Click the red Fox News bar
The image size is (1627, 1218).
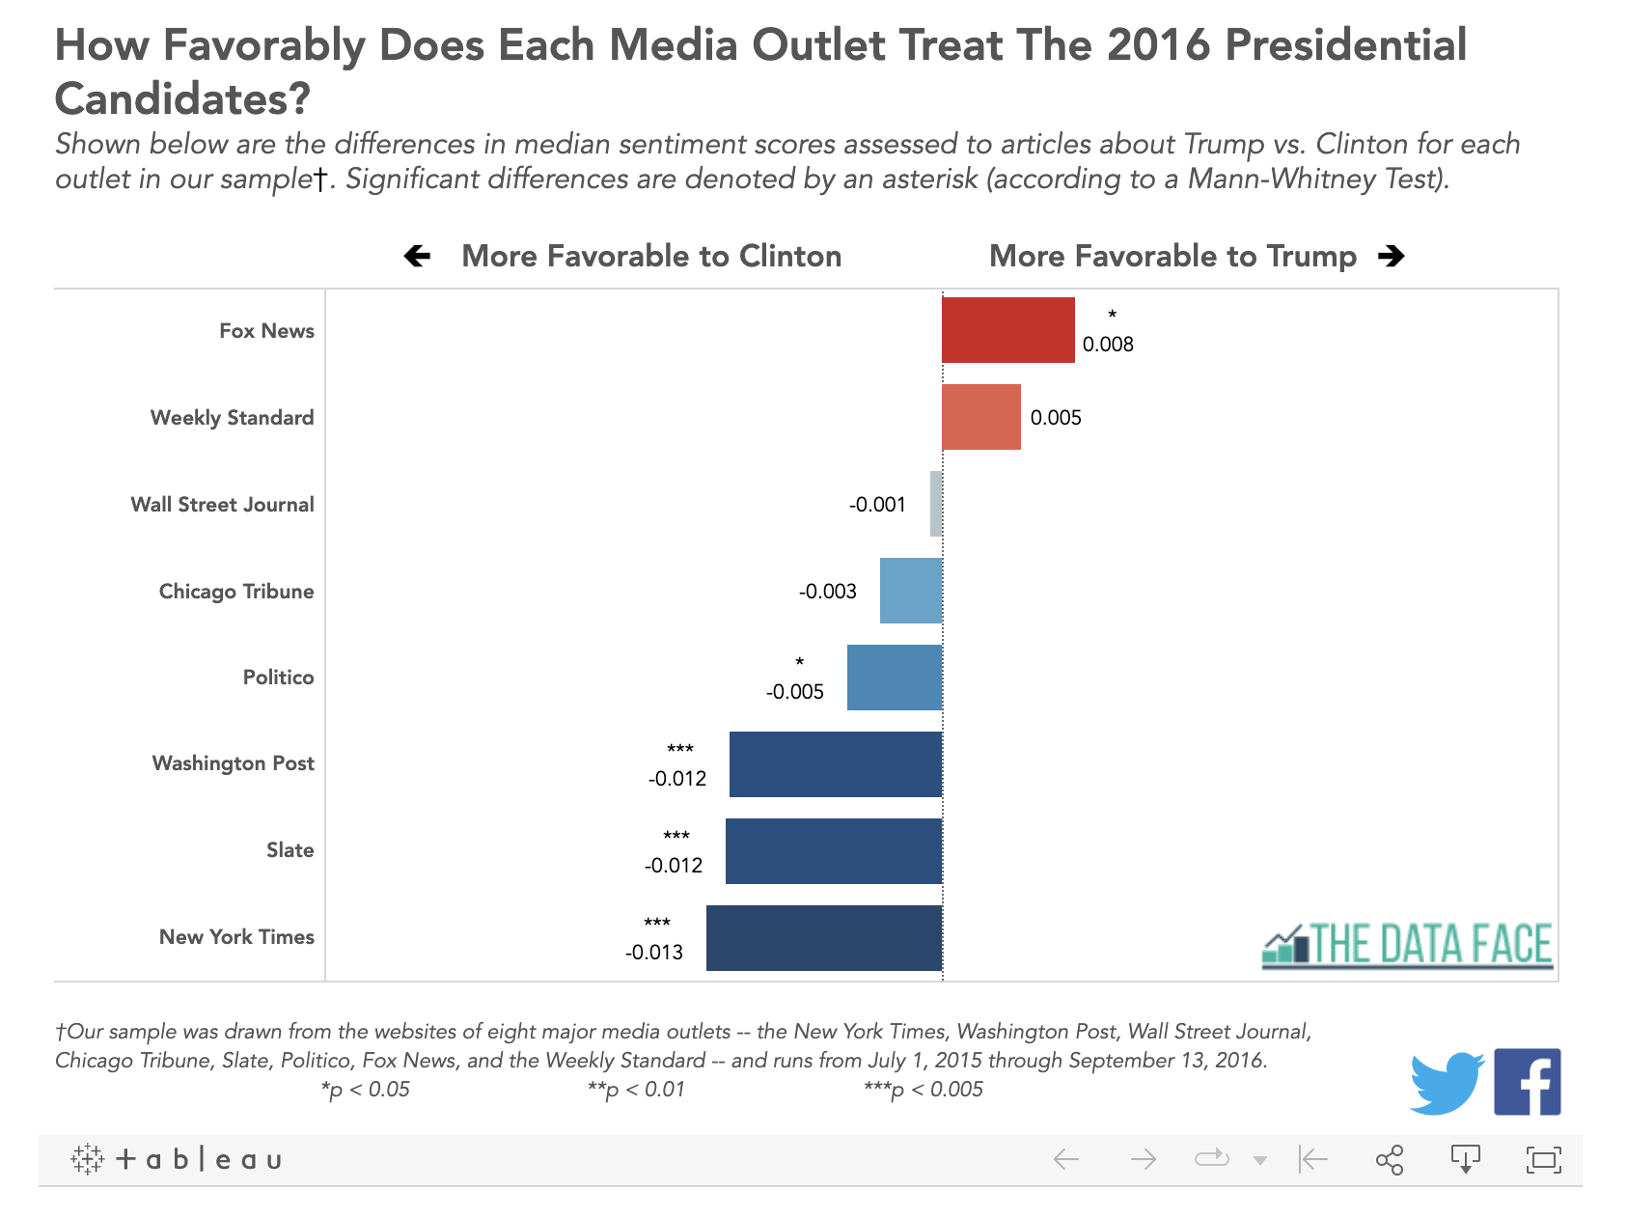click(1007, 330)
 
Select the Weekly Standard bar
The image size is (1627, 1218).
click(980, 417)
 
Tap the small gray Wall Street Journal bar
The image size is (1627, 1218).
click(936, 504)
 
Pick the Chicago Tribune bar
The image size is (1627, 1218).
click(910, 591)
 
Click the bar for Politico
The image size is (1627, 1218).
click(894, 678)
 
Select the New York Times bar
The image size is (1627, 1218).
click(823, 938)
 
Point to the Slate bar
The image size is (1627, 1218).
click(833, 851)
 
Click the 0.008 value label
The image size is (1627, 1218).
click(1108, 345)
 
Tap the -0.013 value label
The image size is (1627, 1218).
click(654, 953)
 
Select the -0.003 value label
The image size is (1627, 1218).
click(828, 592)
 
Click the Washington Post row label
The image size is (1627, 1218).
click(234, 763)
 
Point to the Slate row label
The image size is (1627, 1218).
click(290, 850)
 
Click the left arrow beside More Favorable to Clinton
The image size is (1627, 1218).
click(417, 256)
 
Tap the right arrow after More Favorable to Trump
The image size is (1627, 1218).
click(1391, 256)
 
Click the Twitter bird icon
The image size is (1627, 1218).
click(1446, 1083)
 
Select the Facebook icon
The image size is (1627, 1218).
click(1527, 1082)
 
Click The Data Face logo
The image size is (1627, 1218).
click(1408, 945)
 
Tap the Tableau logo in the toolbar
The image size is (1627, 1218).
click(177, 1159)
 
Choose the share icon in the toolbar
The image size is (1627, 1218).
click(1389, 1159)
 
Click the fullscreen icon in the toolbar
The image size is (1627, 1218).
click(1543, 1159)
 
